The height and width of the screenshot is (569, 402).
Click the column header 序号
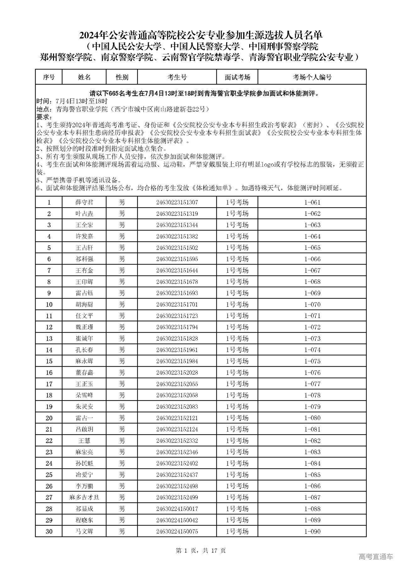click(49, 77)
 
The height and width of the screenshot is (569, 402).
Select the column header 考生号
click(177, 77)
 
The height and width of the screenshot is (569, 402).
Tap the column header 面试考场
click(237, 77)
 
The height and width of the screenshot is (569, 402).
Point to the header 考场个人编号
click(312, 77)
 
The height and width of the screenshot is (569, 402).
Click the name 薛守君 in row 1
click(84, 202)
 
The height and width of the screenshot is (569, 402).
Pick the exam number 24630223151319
click(177, 214)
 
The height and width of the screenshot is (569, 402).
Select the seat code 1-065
click(312, 248)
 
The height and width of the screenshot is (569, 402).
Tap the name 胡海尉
click(84, 304)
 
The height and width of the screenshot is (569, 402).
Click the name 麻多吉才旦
click(84, 497)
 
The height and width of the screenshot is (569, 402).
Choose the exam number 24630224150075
click(177, 531)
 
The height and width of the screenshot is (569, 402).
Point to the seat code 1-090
click(312, 531)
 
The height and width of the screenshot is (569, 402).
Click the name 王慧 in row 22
click(84, 440)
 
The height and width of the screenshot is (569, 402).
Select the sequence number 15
click(49, 361)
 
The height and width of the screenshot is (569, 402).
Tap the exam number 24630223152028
click(177, 373)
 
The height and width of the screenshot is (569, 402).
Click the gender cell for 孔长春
click(122, 350)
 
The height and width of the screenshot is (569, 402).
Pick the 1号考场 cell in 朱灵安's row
click(237, 407)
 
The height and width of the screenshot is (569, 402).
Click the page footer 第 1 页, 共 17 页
click(201, 550)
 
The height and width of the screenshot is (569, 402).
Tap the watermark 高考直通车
click(375, 557)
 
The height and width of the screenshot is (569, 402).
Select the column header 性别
click(122, 77)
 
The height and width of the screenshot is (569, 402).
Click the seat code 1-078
click(312, 395)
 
